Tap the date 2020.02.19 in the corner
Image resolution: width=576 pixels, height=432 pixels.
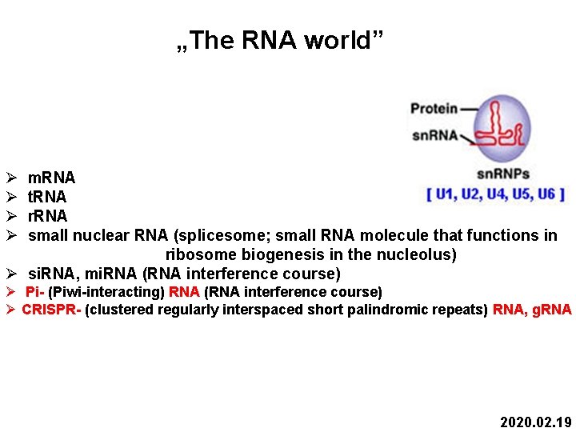535,422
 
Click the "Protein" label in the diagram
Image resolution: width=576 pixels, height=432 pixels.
434,108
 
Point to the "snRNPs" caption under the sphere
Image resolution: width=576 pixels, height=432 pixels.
502,174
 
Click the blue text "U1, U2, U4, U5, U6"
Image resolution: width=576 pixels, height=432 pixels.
496,194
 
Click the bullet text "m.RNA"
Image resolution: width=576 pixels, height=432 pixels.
51,178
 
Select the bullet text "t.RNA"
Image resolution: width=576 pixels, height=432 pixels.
47,197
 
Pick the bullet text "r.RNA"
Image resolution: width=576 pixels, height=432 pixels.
47,216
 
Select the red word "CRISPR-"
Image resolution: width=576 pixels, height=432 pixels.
51,310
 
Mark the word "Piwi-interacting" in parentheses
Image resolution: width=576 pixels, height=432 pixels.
106,292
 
